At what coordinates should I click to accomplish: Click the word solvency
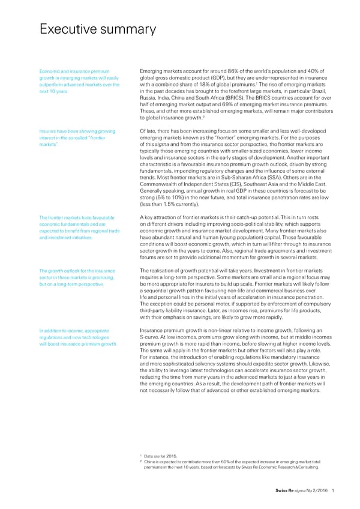tap(206, 364)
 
